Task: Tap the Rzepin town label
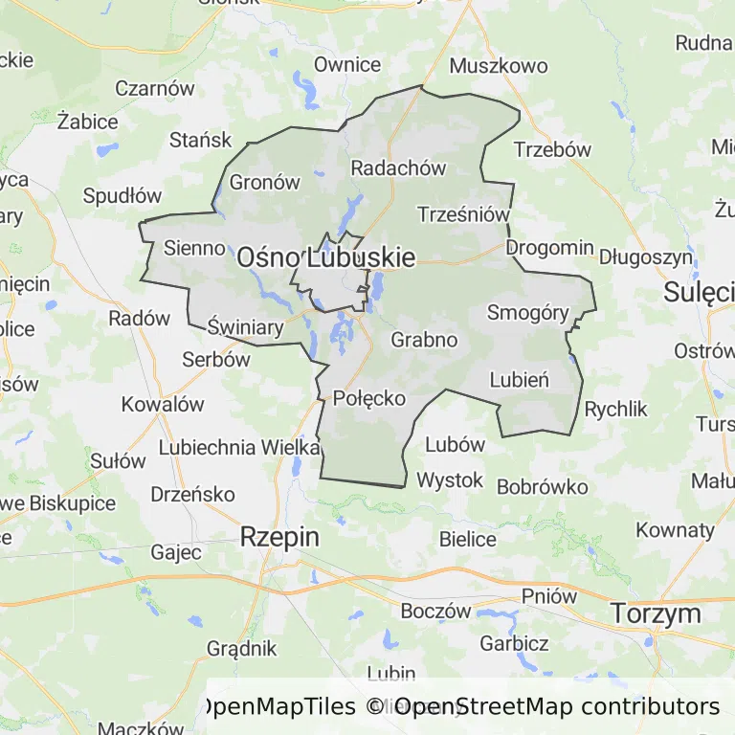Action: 279,537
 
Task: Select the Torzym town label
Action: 656,612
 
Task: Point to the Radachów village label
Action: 398,167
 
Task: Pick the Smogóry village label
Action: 527,312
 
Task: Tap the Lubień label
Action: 519,379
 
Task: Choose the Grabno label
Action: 424,339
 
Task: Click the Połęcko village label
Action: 369,398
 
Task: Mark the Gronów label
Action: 265,183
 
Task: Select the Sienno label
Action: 194,247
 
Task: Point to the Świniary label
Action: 246,328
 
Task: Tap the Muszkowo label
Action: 498,66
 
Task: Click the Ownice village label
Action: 347,65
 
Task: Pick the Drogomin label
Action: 549,247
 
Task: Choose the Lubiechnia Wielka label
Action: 239,447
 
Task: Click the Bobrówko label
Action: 543,486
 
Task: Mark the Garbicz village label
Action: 514,643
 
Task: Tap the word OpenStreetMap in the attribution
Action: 482,707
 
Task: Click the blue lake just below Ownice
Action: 306,91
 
